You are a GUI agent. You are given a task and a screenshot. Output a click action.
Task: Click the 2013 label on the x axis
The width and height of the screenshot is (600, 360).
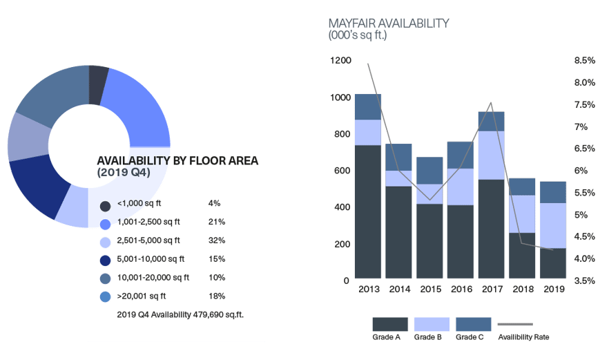pos(368,290)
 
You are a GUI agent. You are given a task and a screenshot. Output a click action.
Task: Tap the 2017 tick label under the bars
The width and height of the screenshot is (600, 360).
pos(490,290)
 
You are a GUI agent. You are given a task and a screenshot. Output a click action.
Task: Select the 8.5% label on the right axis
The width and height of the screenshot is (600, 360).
pos(584,61)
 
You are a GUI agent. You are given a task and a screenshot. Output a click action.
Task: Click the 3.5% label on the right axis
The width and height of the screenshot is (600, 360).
pos(584,281)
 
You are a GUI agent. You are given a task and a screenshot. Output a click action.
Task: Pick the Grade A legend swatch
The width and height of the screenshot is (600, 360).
pos(390,324)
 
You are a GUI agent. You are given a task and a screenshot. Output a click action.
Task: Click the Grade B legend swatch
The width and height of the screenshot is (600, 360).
pos(432,324)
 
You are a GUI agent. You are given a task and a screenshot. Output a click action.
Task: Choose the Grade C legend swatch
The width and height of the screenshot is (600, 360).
pos(473,324)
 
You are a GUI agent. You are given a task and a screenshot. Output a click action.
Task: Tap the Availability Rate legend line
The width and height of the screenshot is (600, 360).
pos(515,324)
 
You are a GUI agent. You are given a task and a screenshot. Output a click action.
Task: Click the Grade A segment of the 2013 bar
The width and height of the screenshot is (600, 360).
pos(368,211)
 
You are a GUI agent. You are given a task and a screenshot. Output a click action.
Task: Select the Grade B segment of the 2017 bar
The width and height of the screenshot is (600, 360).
pos(490,155)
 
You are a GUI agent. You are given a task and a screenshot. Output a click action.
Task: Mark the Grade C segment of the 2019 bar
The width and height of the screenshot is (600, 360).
pos(552,192)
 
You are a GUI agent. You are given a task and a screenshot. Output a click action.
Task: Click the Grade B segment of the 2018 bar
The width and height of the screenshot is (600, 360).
pos(521,214)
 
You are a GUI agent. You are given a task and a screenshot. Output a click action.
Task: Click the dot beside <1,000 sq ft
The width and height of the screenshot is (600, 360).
pos(106,206)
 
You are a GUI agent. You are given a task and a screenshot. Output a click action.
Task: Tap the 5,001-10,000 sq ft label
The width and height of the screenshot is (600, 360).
pos(151,259)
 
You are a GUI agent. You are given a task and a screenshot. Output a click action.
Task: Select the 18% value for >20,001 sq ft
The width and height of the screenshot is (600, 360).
pos(216,296)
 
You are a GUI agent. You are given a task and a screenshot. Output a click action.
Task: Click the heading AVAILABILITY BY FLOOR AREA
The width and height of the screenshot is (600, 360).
pos(177,161)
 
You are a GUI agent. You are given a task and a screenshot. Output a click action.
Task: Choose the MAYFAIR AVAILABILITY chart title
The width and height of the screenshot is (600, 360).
pos(389,23)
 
